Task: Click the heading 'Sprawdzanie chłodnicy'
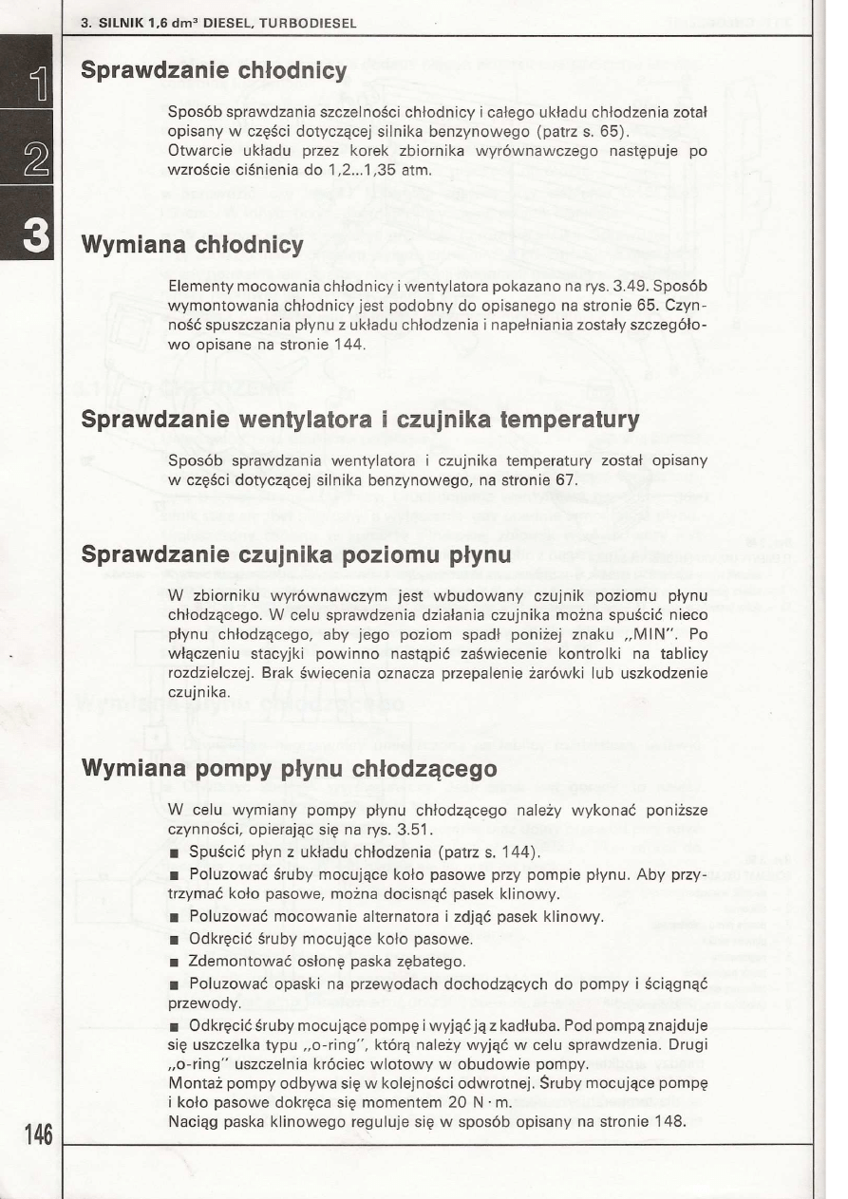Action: [x=214, y=71]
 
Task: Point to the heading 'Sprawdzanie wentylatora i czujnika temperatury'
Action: [x=360, y=420]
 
